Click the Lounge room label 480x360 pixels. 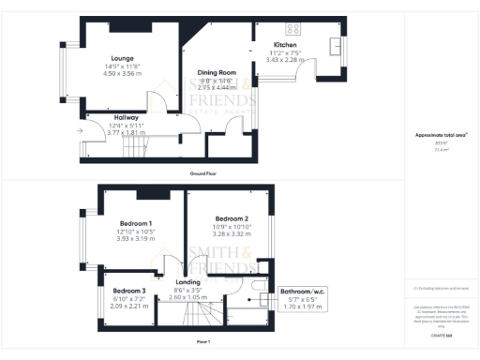122,57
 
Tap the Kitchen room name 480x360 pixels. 286,45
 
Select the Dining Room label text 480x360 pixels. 216,72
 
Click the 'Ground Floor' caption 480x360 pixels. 203,174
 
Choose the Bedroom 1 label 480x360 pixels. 136,223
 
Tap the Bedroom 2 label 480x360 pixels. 231,217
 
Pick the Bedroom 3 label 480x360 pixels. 129,291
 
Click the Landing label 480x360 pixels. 188,281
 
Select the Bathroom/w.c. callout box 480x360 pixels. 303,298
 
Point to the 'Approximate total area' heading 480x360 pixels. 436,135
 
